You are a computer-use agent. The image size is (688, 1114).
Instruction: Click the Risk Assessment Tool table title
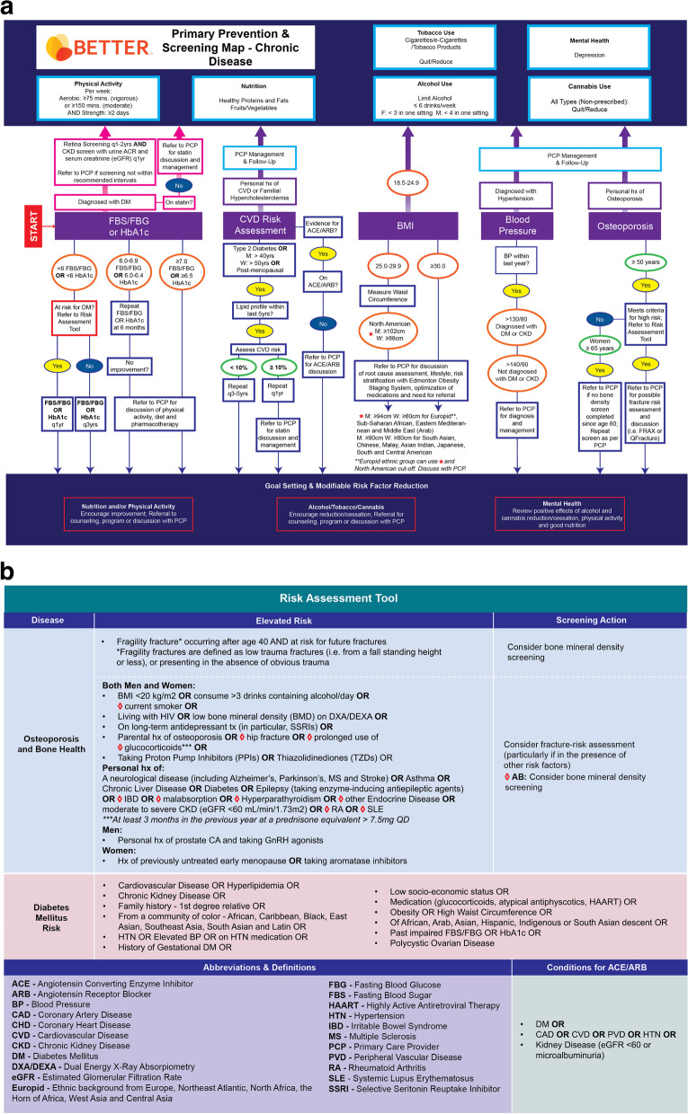pyautogui.click(x=344, y=596)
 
